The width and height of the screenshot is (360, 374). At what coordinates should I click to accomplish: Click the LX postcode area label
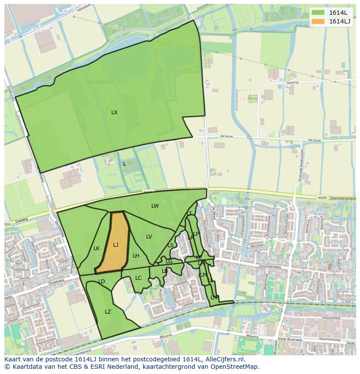[x=114, y=113]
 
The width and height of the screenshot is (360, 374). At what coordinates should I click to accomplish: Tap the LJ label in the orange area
[x=116, y=245]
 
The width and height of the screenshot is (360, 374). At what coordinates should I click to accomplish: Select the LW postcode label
[x=155, y=206]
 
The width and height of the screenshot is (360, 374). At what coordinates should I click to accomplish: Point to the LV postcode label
[x=149, y=237]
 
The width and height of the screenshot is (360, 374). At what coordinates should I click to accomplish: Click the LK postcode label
[x=97, y=248]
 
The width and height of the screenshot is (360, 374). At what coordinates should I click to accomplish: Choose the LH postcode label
[x=136, y=256]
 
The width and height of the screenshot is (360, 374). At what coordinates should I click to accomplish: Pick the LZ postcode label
[x=108, y=312]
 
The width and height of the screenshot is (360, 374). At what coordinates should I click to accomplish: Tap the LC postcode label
[x=138, y=278]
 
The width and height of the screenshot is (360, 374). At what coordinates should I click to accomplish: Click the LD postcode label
[x=102, y=281]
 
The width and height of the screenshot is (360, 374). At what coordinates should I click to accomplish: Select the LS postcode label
[x=170, y=245]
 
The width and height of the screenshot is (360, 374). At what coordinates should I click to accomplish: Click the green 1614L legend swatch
[x=318, y=13]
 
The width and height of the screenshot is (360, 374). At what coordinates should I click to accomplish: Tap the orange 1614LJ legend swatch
[x=318, y=21]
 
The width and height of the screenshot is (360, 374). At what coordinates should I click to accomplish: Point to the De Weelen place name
[x=100, y=82]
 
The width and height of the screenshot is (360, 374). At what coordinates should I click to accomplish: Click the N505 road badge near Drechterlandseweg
[x=322, y=198]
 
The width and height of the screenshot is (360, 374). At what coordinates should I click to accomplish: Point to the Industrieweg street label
[x=331, y=318]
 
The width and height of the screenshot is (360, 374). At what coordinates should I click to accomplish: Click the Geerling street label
[x=292, y=82]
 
